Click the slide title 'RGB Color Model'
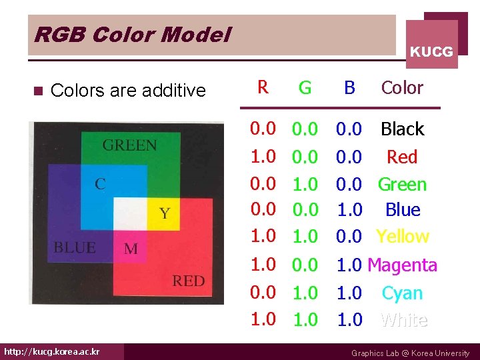click(132, 35)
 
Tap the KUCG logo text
click(431, 51)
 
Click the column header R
click(263, 87)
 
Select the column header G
click(305, 88)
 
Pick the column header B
click(349, 88)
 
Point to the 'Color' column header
click(402, 88)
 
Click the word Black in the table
click(402, 129)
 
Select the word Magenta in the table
click(402, 265)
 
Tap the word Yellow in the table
click(402, 237)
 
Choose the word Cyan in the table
click(402, 293)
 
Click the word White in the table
click(403, 321)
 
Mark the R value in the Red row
click(263, 157)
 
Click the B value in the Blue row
click(349, 210)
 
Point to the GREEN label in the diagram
click(130, 145)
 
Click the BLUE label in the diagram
click(74, 247)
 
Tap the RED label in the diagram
click(189, 281)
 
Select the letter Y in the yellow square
click(164, 213)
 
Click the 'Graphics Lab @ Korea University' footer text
click(410, 353)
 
